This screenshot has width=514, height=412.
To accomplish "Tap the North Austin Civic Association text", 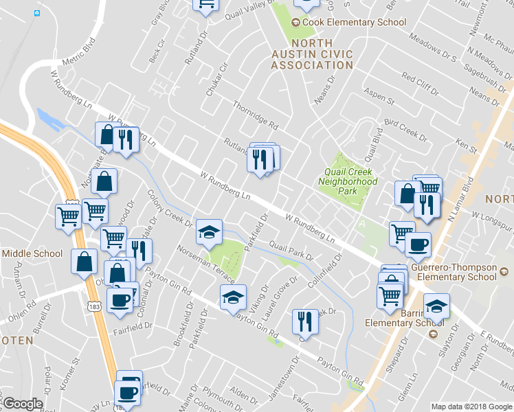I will [x=311, y=54].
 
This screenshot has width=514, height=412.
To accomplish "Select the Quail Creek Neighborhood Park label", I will [x=348, y=181].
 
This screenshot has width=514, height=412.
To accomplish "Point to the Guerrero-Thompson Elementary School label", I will [x=455, y=272].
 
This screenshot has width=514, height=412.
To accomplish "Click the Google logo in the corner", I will [x=22, y=404].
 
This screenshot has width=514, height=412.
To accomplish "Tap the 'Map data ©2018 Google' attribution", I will [x=471, y=407].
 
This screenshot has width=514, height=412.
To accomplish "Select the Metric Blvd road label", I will [x=77, y=54].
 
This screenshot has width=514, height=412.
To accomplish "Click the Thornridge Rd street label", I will [x=255, y=116].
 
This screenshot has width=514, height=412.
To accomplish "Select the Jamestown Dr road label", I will [x=295, y=371].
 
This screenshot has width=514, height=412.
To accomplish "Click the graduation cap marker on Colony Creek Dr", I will [x=210, y=231].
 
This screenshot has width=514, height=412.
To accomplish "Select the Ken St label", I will [x=466, y=145].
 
